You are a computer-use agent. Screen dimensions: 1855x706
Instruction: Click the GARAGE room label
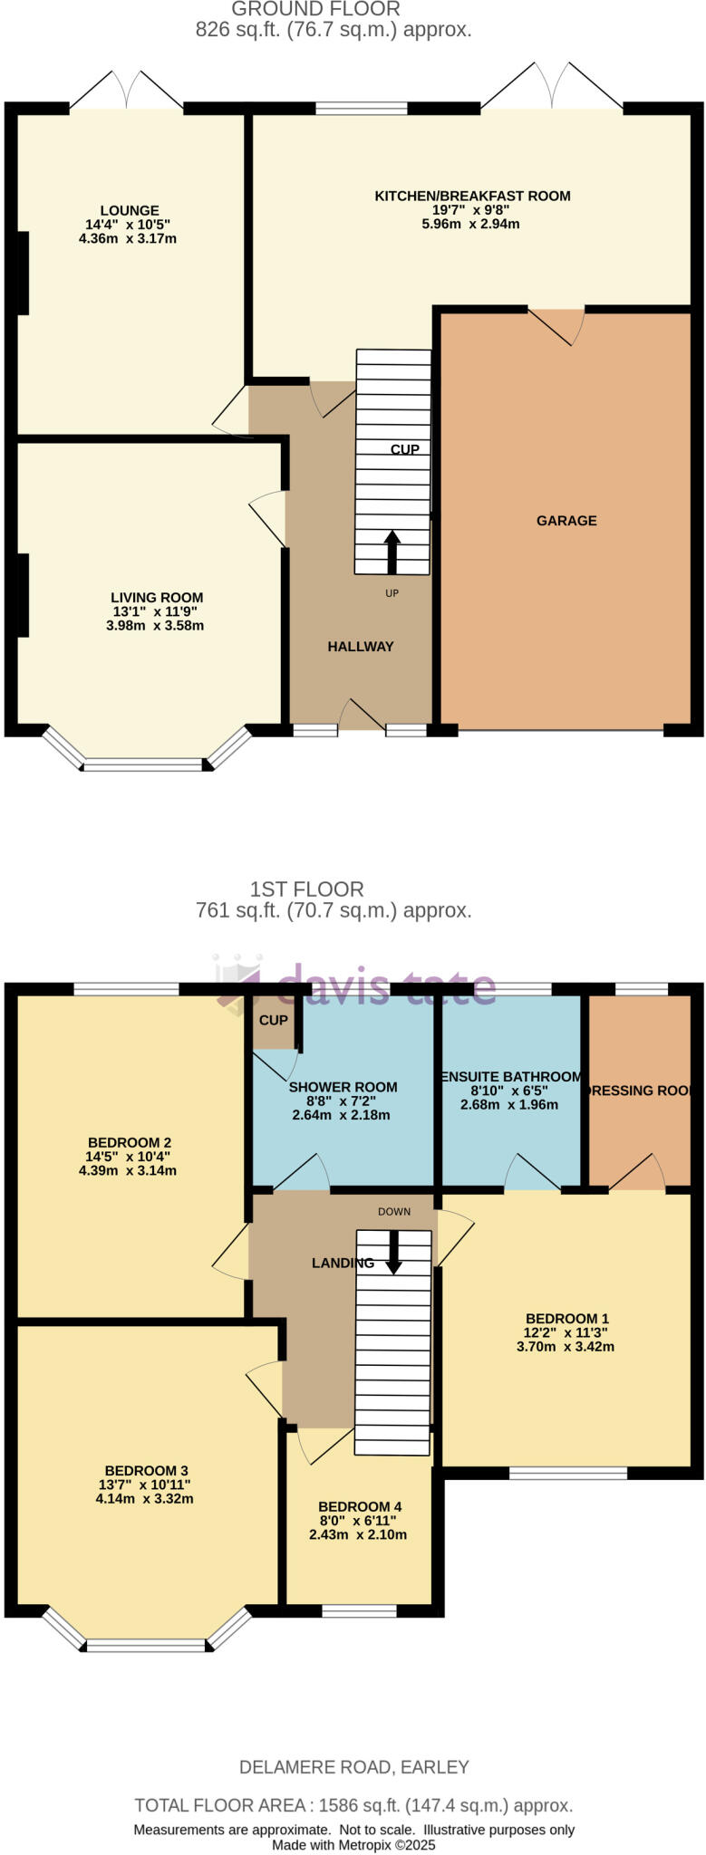(x=566, y=521)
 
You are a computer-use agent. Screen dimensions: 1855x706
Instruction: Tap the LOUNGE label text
(x=130, y=210)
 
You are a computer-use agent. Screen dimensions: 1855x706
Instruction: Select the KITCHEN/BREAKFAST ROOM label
(x=472, y=196)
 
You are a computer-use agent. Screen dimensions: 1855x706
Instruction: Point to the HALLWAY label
(x=361, y=646)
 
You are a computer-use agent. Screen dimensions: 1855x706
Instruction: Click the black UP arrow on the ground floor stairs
(x=392, y=553)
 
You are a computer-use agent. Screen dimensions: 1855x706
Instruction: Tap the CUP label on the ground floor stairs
(x=404, y=449)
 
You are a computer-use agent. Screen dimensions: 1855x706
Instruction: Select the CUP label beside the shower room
(x=273, y=1020)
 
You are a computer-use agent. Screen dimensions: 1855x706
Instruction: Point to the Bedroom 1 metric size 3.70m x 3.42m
(x=566, y=1346)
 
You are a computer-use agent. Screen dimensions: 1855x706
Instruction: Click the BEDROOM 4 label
(x=360, y=1506)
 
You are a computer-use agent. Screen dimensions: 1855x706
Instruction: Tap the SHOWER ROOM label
(x=343, y=1087)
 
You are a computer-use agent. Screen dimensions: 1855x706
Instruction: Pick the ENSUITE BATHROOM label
(x=510, y=1077)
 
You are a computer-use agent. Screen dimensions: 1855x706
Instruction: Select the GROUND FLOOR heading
(x=315, y=10)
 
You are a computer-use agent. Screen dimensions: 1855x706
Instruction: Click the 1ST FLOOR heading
(x=307, y=889)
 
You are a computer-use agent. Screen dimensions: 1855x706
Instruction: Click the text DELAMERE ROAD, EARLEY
(x=354, y=1766)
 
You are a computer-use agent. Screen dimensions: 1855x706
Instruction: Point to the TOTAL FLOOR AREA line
(x=353, y=1805)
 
